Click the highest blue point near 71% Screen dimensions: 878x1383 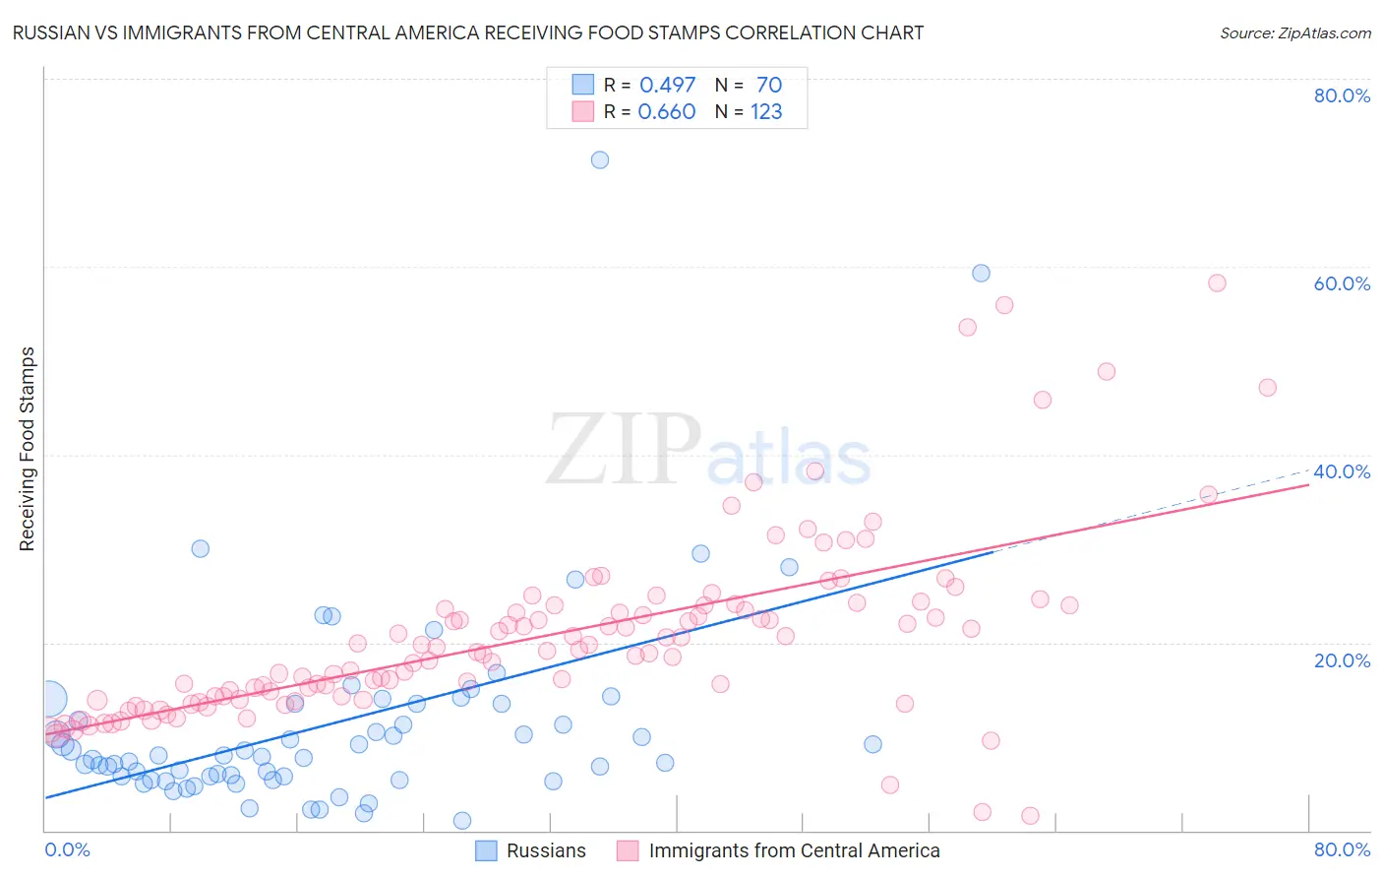click(600, 159)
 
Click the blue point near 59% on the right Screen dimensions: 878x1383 click(981, 273)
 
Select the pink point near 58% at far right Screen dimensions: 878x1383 click(1217, 282)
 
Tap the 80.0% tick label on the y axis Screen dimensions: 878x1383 click(1342, 95)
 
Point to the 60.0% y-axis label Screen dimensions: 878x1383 click(1342, 283)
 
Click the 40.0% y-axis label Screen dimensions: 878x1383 click(1342, 471)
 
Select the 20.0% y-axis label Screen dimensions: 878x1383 click(1342, 660)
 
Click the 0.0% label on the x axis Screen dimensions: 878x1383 click(68, 849)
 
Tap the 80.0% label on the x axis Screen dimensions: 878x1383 click(1342, 849)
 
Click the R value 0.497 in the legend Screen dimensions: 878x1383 click(667, 85)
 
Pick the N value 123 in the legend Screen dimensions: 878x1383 click(766, 111)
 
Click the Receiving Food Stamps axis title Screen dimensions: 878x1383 click(28, 449)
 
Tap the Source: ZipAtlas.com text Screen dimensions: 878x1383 click(1294, 32)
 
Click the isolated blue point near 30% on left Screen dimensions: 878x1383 click(200, 548)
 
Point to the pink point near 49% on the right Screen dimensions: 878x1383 click(1107, 371)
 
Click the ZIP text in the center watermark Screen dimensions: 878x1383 click(624, 451)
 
